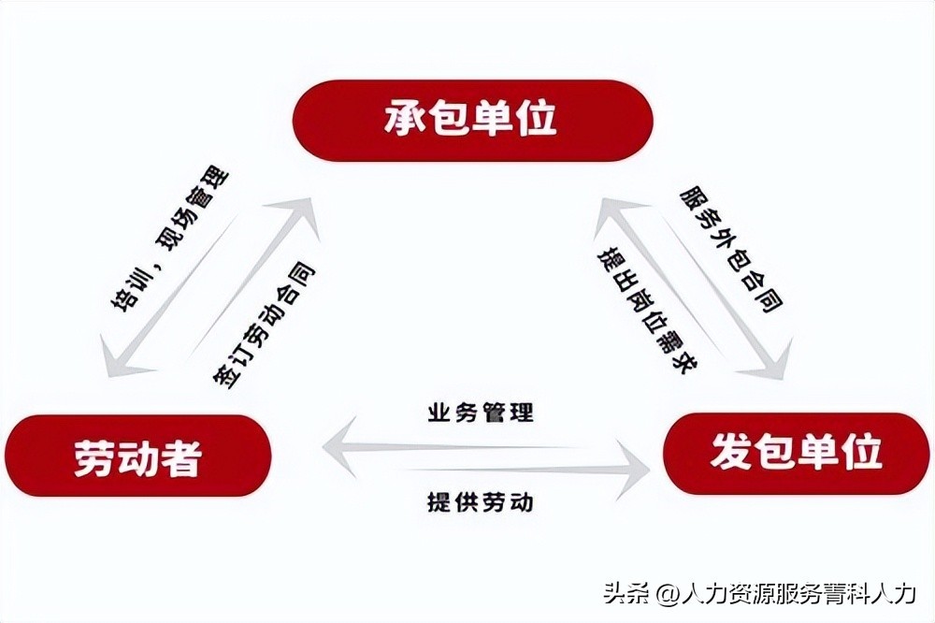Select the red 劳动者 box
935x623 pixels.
pos(137,456)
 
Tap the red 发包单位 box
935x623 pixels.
pos(796,453)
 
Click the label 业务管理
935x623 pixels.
pos(481,412)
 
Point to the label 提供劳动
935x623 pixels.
pos(481,501)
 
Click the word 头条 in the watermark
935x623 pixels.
pos(626,593)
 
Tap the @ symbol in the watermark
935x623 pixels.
pos(666,594)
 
